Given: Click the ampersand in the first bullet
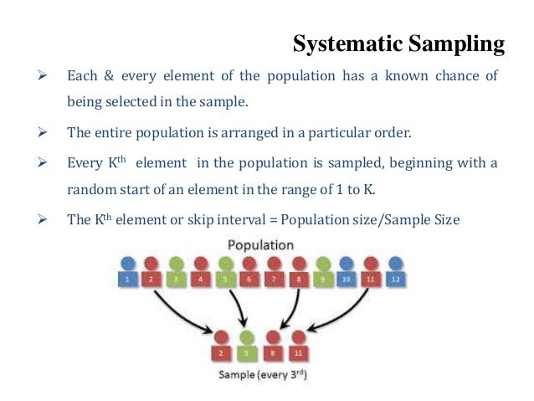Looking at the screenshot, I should coord(105,76).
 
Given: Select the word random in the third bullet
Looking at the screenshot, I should coord(87,189).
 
